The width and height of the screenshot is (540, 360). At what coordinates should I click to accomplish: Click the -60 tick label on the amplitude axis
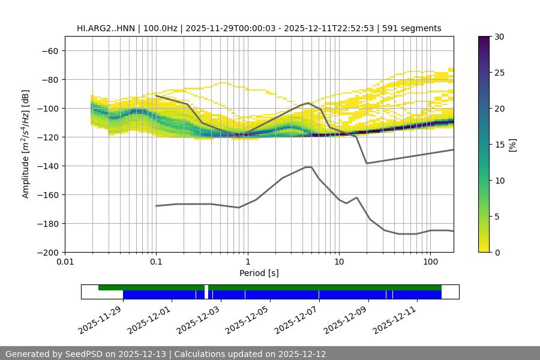point(50,51)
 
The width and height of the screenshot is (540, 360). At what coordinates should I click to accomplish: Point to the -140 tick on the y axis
point(47,166)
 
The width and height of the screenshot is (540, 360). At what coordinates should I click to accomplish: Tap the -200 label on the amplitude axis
point(47,253)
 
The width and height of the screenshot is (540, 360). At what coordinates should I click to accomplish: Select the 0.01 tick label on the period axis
point(65,262)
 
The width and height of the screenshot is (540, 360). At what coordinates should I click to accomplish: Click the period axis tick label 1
point(247,262)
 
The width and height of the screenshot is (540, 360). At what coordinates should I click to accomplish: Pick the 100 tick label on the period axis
point(430,262)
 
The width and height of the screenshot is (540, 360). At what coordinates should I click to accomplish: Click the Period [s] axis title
point(259,274)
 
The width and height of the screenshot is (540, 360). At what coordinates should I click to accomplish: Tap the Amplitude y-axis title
point(26,144)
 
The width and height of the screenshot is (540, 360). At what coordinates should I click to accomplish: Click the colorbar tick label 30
point(499,37)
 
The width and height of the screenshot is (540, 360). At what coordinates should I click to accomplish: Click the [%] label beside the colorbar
point(512,145)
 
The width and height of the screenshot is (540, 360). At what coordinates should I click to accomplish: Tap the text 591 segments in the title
point(413,28)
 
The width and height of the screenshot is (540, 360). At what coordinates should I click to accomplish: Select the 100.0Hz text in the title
point(160,28)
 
